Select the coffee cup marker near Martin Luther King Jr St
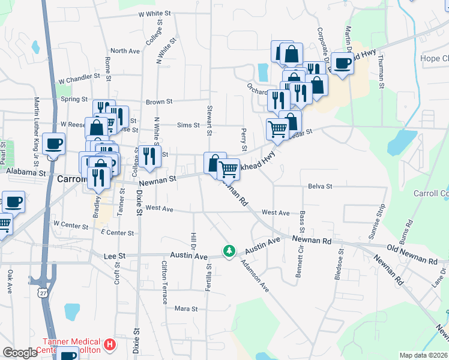pos(53,145)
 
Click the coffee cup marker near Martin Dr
pos(342,63)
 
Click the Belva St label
pos(320,187)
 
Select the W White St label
pos(142,13)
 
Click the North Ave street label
pos(125,51)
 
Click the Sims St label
pos(188,125)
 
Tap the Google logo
pos(20,353)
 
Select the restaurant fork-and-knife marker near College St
pos(149,155)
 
